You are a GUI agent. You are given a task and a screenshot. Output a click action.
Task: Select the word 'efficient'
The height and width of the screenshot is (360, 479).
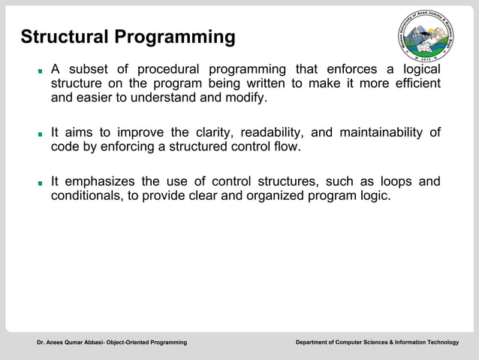(x=415, y=83)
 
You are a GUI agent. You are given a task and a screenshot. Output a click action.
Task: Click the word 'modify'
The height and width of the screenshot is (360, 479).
(x=246, y=98)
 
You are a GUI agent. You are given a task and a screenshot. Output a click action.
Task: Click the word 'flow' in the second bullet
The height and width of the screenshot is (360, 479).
(x=286, y=147)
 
